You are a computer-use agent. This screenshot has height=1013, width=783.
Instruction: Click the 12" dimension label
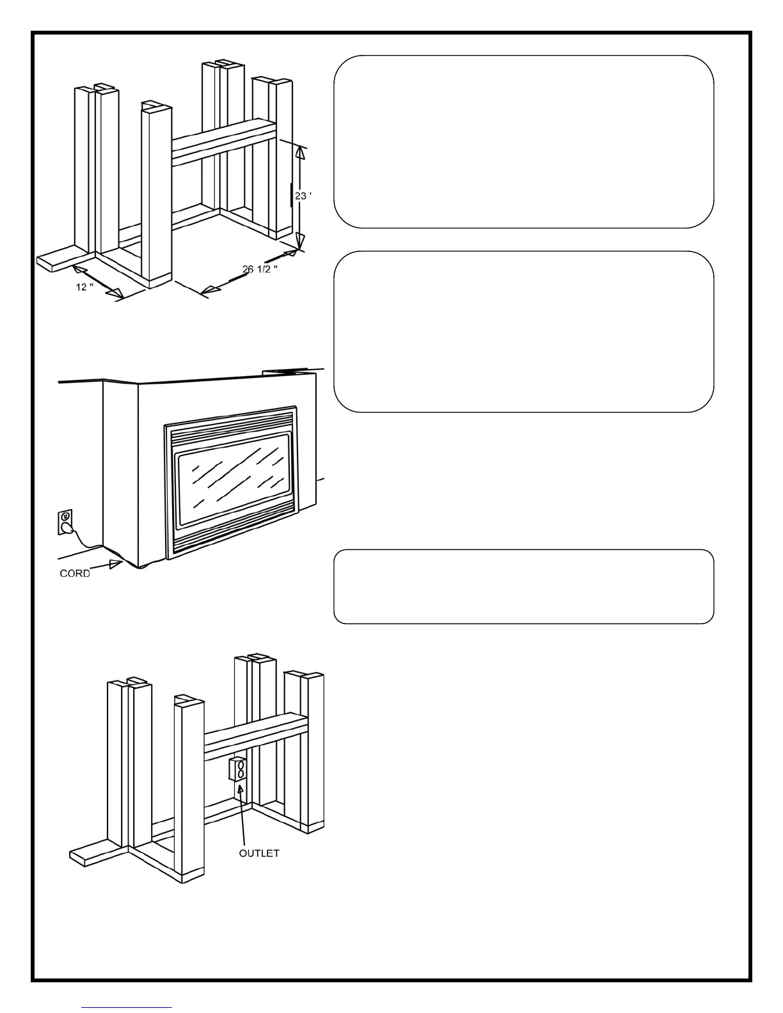click(84, 287)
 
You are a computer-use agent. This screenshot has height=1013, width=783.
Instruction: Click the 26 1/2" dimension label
click(260, 269)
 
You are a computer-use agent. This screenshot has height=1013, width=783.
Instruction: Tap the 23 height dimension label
click(303, 196)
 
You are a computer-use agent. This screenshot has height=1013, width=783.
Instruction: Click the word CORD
click(75, 574)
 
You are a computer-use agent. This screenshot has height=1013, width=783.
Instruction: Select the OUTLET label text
click(259, 853)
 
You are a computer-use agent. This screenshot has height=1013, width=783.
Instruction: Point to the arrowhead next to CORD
click(116, 563)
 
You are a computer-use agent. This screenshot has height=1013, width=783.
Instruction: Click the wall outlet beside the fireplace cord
click(65, 521)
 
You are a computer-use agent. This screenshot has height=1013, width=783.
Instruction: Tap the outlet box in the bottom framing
click(238, 769)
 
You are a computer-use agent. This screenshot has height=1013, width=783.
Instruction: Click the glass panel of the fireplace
click(235, 480)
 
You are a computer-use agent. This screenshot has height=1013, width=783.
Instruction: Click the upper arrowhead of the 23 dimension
click(299, 151)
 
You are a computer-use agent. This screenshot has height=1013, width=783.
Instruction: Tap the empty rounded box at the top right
click(523, 141)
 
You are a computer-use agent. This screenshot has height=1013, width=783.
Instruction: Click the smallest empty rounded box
click(523, 586)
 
